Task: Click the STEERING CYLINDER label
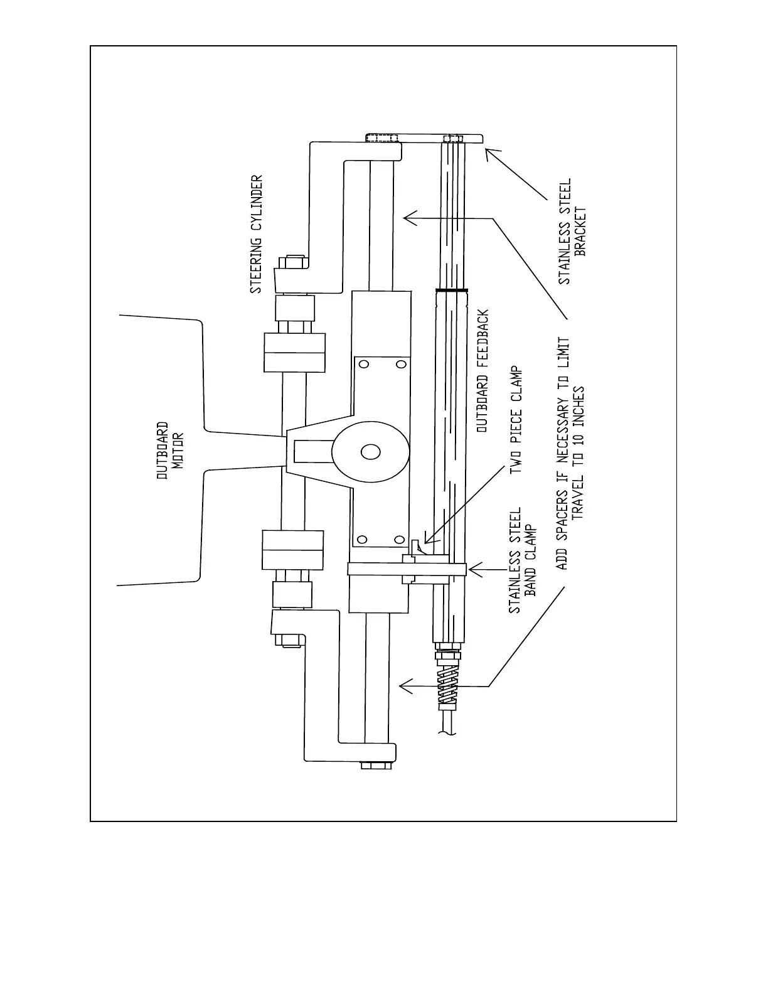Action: tap(256, 234)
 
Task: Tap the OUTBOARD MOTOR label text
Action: tap(170, 450)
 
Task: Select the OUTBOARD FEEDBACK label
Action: tap(483, 371)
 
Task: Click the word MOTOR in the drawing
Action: tap(178, 451)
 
